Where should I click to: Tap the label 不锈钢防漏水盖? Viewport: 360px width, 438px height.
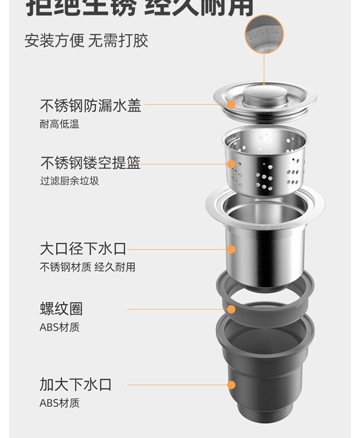pos(90,105)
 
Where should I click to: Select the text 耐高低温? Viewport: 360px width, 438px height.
pos(59,124)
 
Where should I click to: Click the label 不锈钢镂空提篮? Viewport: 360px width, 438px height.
pos(90,163)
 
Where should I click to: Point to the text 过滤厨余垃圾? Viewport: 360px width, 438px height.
pos(69,181)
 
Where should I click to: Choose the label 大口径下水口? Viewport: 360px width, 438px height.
pos(83,249)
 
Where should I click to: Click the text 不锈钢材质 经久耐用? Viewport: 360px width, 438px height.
pos(87,267)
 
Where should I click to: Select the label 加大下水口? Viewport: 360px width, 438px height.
pos(76,384)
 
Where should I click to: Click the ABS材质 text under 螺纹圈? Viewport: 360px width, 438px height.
pos(59,327)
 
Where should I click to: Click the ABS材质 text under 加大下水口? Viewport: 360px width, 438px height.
pos(59,404)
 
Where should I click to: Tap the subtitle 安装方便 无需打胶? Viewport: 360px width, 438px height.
pos(86,41)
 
